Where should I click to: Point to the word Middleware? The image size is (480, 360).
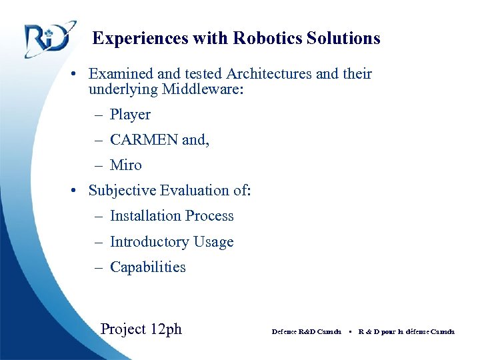201,89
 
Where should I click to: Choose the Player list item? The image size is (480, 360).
130,115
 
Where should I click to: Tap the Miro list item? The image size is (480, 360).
125,165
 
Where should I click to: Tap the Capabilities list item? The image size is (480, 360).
147,267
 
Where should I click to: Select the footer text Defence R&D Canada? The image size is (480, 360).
306,331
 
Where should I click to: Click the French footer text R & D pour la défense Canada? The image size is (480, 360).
406,331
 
